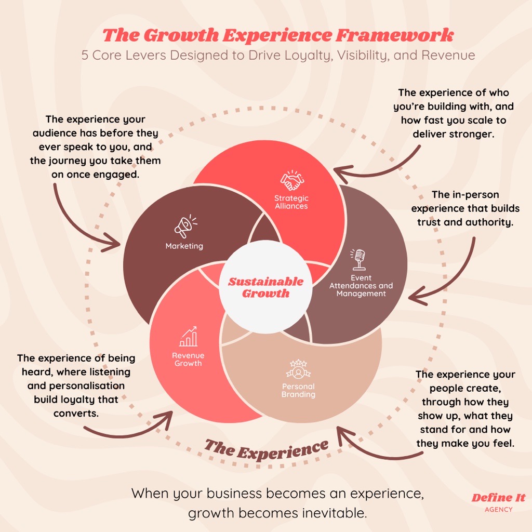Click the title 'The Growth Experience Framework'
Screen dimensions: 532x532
click(x=278, y=35)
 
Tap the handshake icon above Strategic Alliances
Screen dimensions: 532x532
click(x=292, y=180)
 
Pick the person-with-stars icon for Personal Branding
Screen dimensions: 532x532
click(x=298, y=370)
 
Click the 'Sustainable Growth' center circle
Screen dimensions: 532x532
click(x=265, y=287)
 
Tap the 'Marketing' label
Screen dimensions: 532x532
click(x=184, y=246)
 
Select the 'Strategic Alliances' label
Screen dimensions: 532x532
click(x=291, y=202)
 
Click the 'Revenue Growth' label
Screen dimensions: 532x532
click(x=188, y=360)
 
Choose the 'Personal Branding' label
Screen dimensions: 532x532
click(x=298, y=391)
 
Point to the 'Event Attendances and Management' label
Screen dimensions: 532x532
click(x=361, y=286)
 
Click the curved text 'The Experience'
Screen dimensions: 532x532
click(x=266, y=448)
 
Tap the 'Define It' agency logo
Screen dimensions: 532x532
click(x=498, y=498)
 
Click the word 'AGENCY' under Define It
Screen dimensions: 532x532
click(x=498, y=510)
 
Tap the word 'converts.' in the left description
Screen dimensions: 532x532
click(x=76, y=414)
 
